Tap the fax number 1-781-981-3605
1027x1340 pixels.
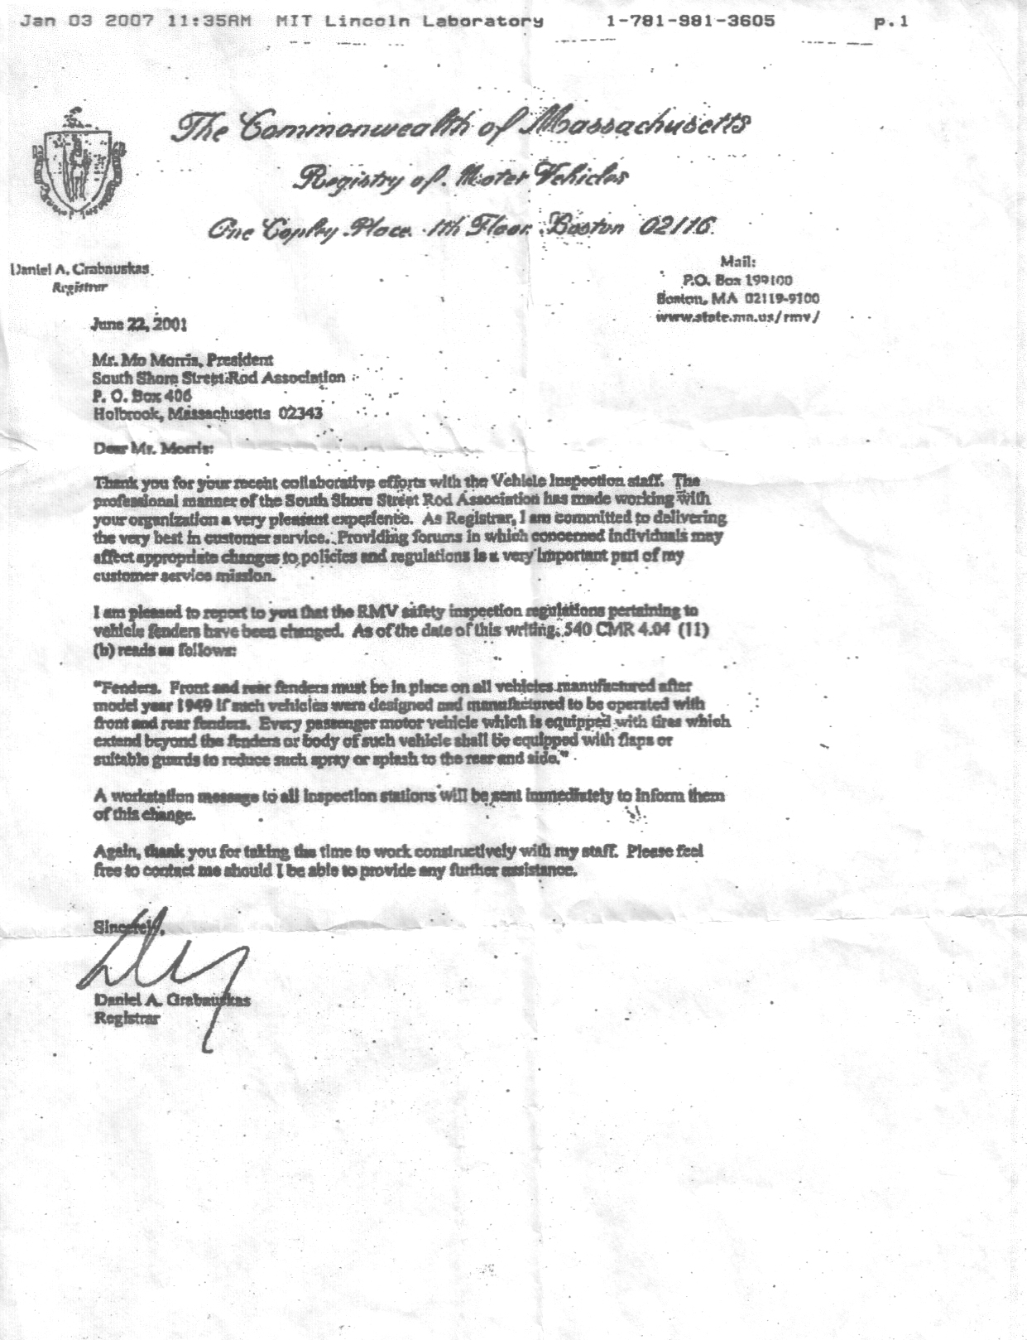tap(690, 21)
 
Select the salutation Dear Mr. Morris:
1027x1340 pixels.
tap(153, 449)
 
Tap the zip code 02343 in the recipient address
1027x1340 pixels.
tap(301, 412)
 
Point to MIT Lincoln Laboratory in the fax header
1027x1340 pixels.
tap(410, 21)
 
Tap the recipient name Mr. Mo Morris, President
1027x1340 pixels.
tap(182, 360)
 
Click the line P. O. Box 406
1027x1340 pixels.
tap(142, 395)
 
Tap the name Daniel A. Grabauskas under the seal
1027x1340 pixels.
tap(81, 269)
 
